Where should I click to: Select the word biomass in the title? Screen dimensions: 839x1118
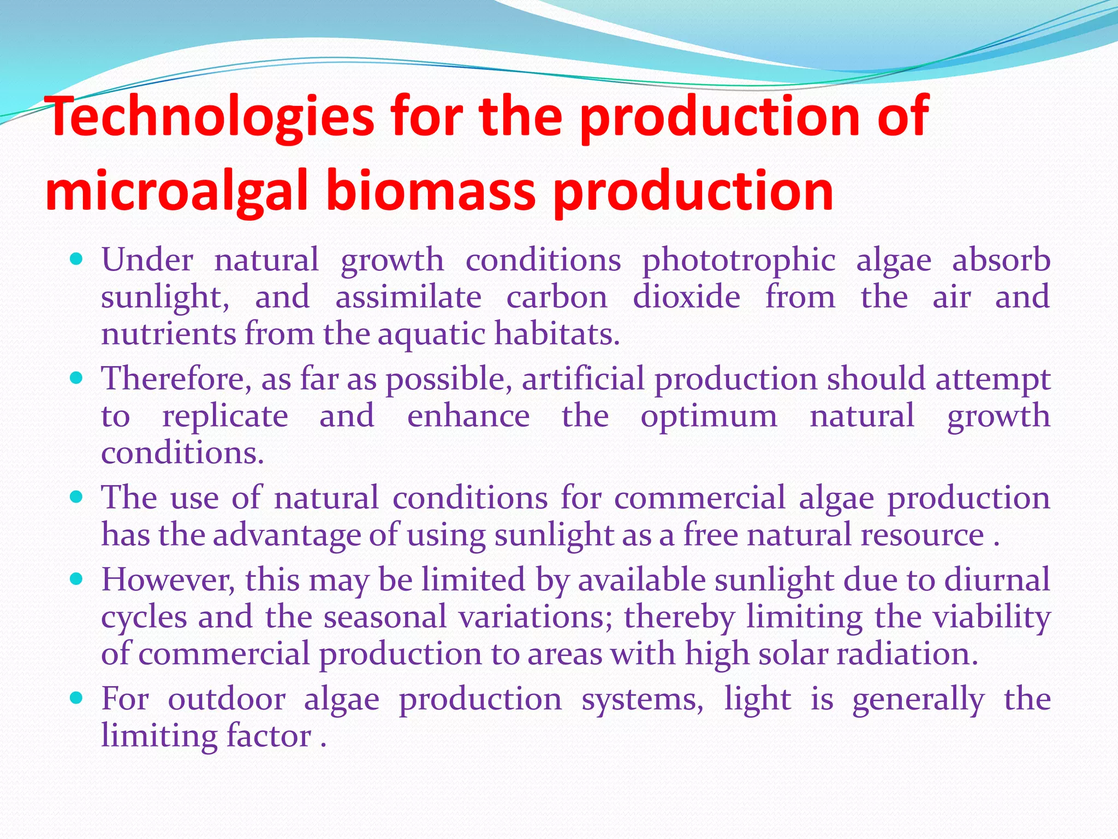(431, 191)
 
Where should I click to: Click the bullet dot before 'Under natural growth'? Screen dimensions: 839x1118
(77, 258)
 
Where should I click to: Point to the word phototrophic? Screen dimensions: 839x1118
(738, 261)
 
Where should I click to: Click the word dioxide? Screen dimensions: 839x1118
(686, 297)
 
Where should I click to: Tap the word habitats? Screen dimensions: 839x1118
(556, 334)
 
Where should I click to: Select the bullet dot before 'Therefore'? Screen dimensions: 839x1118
(77, 377)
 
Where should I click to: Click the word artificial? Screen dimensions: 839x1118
(583, 379)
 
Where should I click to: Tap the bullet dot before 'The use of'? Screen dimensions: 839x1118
(77, 497)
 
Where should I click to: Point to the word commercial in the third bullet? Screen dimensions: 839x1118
(699, 498)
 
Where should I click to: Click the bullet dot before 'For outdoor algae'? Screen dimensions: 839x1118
(77, 698)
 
